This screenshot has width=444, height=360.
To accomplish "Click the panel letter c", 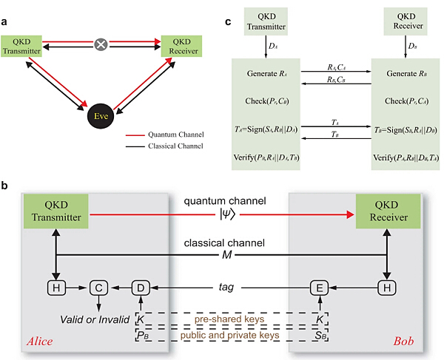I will (228, 20).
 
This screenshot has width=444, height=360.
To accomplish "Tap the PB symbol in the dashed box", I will (141, 335).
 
